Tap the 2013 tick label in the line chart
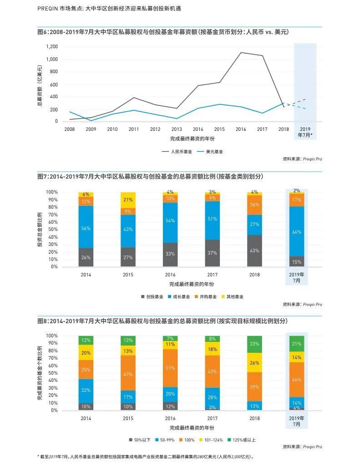click(176, 130)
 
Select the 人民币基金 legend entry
click(177, 152)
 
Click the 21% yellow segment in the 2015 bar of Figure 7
click(128, 200)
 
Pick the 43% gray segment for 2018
click(254, 251)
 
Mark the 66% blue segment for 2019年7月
click(297, 231)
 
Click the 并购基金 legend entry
click(205, 296)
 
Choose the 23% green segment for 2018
click(254, 344)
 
